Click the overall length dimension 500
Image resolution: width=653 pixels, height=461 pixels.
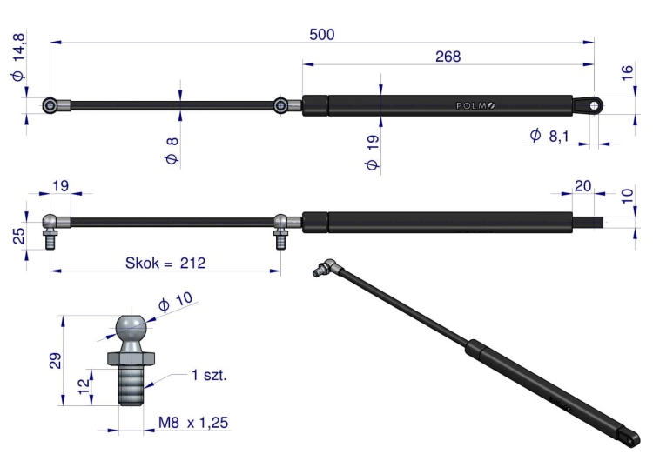(x=322, y=35)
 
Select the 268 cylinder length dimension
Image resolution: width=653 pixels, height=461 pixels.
(x=448, y=57)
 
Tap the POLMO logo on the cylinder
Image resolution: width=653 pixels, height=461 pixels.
(x=475, y=105)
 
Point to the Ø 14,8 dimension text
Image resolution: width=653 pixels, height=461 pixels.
(x=19, y=57)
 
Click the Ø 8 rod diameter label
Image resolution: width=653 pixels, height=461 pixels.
(x=172, y=150)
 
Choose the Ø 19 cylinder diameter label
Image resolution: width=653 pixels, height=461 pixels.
(x=372, y=152)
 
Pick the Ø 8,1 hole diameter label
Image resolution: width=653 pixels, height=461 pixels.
(x=549, y=136)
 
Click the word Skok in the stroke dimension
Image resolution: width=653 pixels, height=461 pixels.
(x=142, y=263)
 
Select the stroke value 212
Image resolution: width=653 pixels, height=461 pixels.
(x=192, y=263)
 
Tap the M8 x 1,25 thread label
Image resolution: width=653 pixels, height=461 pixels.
(x=193, y=423)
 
